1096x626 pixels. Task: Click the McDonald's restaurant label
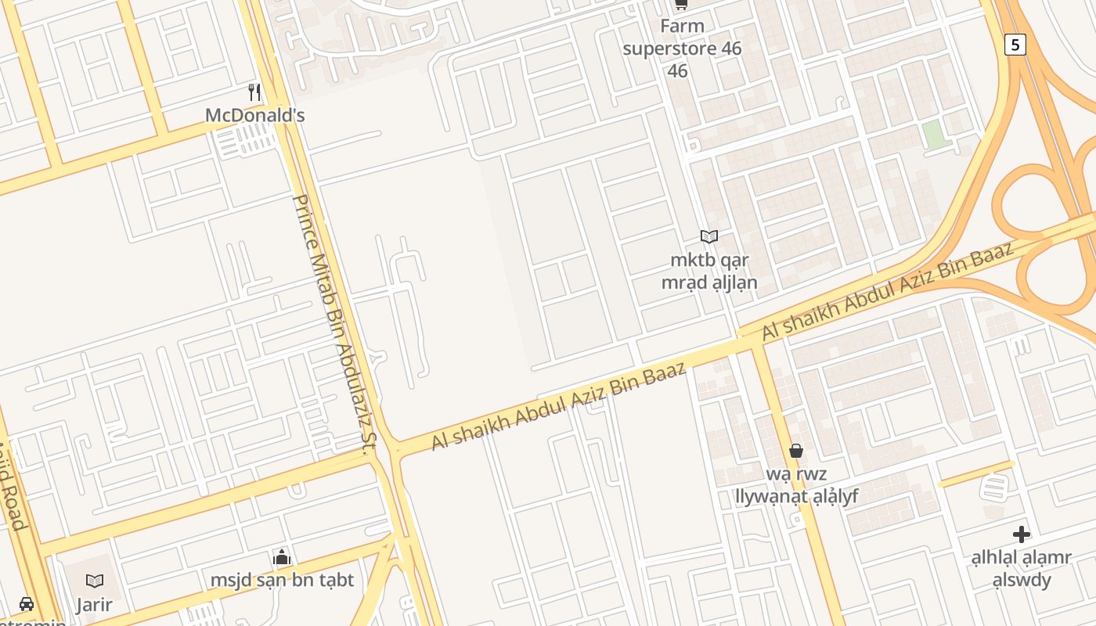click(x=254, y=116)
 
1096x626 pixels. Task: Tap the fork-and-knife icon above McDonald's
click(x=254, y=92)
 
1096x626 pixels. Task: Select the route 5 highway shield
click(x=1015, y=45)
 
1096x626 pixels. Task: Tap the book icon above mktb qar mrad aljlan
click(x=708, y=236)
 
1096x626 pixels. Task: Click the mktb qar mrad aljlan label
click(x=709, y=271)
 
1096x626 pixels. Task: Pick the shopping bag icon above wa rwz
click(x=796, y=451)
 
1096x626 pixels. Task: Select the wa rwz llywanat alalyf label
click(x=797, y=485)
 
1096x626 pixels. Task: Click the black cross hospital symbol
click(x=1021, y=534)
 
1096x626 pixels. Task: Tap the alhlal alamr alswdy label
click(x=1021, y=569)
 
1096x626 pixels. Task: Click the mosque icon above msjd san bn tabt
click(x=281, y=557)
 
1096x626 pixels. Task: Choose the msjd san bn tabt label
click(x=282, y=581)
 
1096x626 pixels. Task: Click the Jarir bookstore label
click(x=94, y=604)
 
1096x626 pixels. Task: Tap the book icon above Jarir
click(x=95, y=581)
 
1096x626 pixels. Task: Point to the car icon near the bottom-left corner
click(x=26, y=603)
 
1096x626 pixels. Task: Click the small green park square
click(x=934, y=134)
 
